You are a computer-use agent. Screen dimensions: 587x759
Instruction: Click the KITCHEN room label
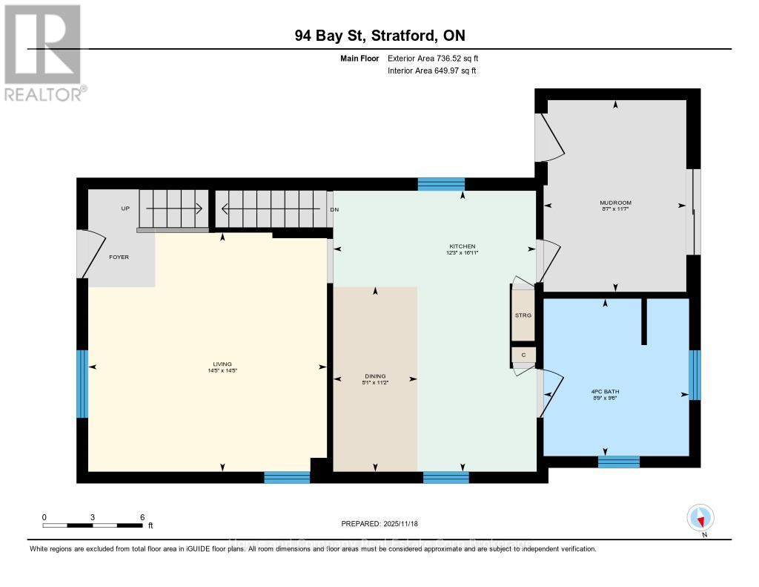tap(462, 246)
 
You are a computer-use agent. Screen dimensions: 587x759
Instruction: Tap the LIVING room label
tap(222, 364)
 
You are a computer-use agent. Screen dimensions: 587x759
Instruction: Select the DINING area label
tap(375, 376)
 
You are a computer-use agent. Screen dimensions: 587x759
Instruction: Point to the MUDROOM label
tap(615, 203)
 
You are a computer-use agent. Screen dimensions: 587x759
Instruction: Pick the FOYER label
tap(119, 258)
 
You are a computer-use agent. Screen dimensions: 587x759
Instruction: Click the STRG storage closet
tap(523, 315)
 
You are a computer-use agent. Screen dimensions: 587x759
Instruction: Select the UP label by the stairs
tap(125, 209)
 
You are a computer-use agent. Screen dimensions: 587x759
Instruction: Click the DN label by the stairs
tap(334, 209)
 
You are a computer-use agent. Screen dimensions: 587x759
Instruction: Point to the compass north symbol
tap(700, 518)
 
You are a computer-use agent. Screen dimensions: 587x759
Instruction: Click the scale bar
tap(93, 525)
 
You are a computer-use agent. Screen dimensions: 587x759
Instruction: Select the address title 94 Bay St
tap(379, 36)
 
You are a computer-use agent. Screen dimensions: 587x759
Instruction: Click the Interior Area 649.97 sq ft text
tap(431, 70)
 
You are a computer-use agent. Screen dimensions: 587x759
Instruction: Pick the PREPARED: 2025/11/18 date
tap(379, 524)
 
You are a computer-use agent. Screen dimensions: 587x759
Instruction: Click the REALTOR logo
tap(43, 52)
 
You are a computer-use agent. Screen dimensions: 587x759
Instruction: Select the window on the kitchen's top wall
tap(441, 184)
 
